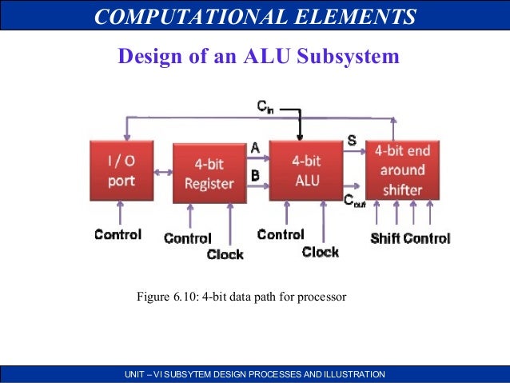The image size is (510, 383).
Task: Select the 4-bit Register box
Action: point(209,174)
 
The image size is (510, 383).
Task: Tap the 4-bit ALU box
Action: point(306,170)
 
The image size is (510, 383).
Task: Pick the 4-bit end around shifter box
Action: point(402,170)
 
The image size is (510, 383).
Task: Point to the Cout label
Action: point(354,203)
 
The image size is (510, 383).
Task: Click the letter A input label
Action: point(255,147)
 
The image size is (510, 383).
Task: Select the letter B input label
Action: point(255,174)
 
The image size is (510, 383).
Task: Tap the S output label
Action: point(352,141)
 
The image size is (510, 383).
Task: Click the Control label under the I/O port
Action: point(118,234)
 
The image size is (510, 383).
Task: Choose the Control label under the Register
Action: point(187,237)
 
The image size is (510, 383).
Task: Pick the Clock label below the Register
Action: point(225,254)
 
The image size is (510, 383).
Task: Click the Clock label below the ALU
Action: point(320,252)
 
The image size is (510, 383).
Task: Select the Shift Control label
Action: point(410,237)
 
